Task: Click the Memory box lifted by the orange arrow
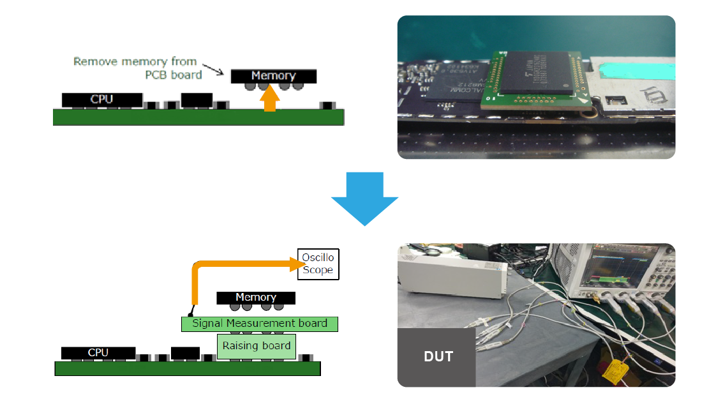tap(273, 76)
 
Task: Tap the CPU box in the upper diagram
tap(102, 99)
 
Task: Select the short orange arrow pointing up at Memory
tap(271, 99)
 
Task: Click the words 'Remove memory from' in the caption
tap(135, 62)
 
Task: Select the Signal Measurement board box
tap(259, 324)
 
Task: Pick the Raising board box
tap(257, 345)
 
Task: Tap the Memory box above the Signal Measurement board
tap(256, 297)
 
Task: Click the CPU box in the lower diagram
tap(98, 352)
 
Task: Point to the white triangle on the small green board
tap(581, 102)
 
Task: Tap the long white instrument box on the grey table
tap(452, 275)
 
